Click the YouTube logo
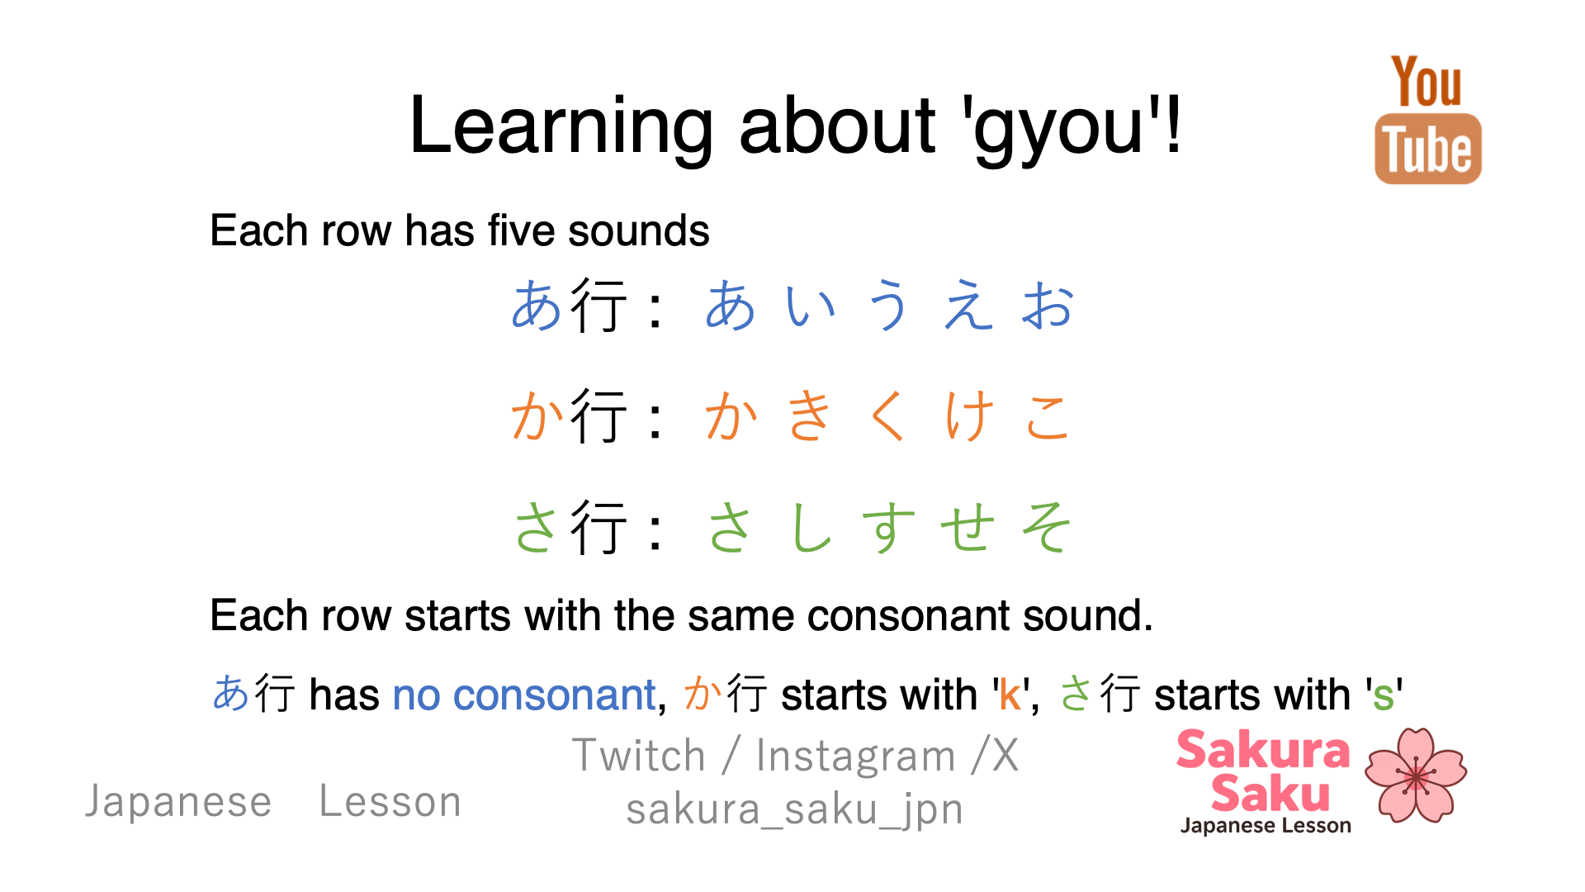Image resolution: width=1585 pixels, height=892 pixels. [x=1427, y=119]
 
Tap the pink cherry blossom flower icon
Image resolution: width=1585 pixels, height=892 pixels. [x=1416, y=775]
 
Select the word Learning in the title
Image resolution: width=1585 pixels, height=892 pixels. [x=561, y=126]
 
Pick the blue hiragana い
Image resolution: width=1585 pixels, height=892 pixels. [x=811, y=306]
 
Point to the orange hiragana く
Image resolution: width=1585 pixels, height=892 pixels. [x=888, y=415]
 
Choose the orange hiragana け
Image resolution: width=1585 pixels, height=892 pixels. [x=968, y=415]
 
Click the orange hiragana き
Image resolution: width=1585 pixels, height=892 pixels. [x=809, y=415]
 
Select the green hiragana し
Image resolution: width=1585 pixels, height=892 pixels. [x=810, y=526]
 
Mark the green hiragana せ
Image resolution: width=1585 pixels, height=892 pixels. [x=968, y=527]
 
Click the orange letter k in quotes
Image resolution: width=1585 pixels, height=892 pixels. [x=1010, y=695]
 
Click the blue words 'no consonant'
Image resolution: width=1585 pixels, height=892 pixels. [x=524, y=695]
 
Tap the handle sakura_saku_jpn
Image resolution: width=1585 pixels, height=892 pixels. [x=794, y=809]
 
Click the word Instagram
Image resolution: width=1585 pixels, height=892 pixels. [x=855, y=757]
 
